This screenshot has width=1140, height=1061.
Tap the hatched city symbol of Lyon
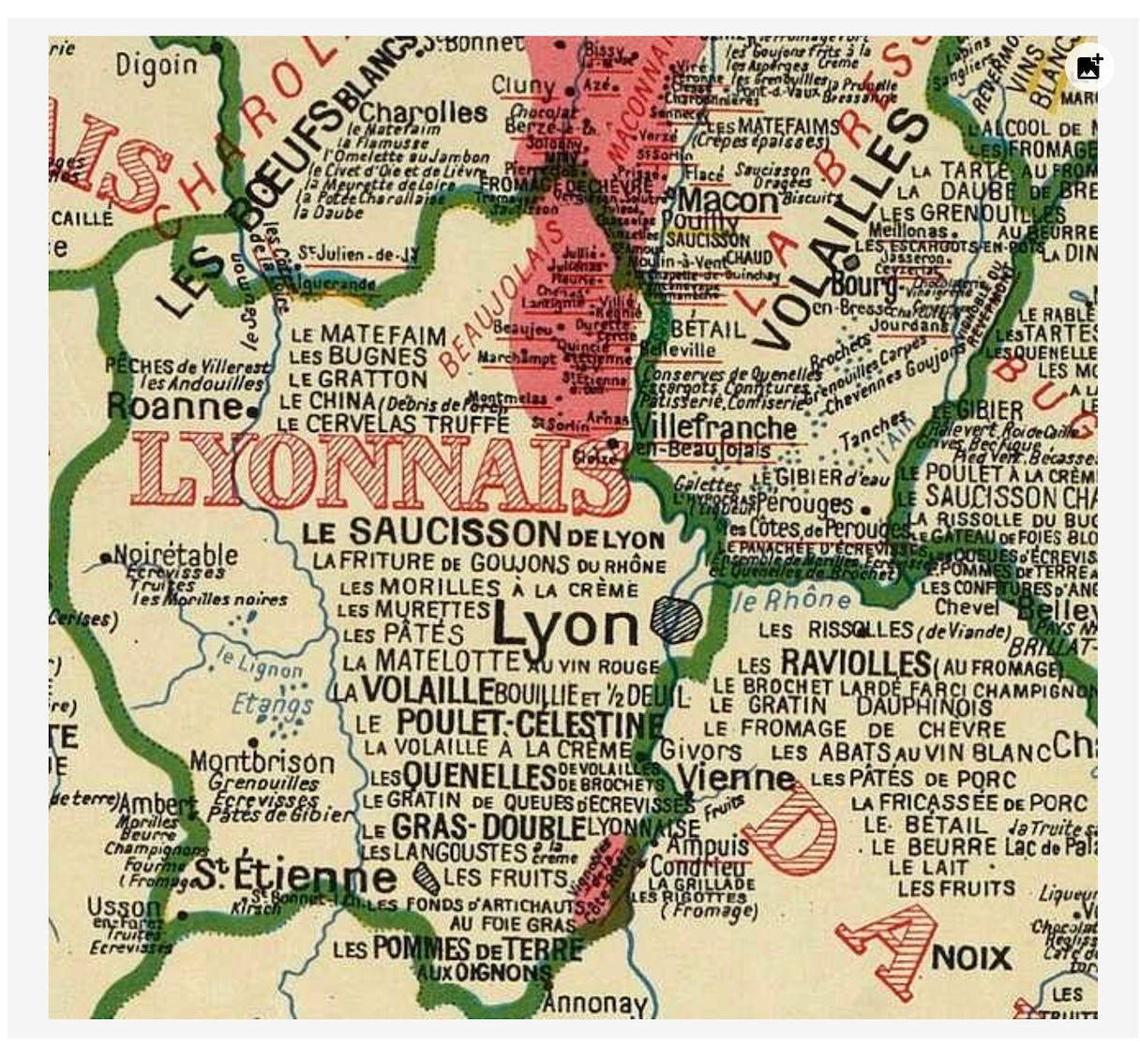tap(676, 620)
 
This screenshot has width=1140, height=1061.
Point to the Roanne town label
tap(175, 407)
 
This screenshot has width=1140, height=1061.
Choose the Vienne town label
tap(736, 777)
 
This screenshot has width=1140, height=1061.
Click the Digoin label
tap(157, 65)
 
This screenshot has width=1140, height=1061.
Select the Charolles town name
tap(423, 112)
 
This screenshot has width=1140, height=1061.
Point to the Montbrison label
tap(262, 761)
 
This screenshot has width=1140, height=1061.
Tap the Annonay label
tap(594, 1003)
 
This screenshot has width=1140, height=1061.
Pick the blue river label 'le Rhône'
tap(789, 600)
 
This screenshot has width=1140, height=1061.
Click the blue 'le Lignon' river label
tap(260, 662)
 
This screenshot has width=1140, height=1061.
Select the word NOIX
tap(971, 957)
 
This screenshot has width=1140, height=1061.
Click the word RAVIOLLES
tap(855, 663)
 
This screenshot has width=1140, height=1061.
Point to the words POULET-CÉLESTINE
tap(529, 724)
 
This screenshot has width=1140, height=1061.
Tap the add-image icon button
tap(1088, 67)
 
